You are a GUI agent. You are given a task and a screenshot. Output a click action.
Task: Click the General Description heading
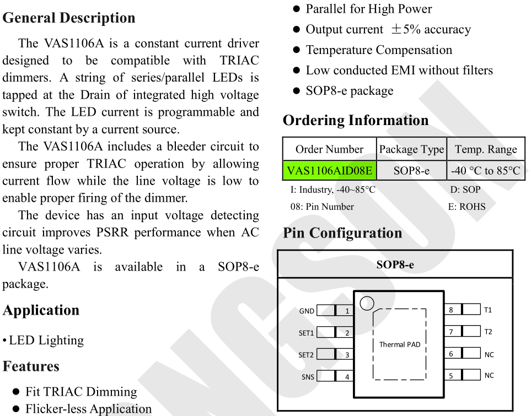point(69,18)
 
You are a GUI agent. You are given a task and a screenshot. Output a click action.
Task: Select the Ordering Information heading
point(355,120)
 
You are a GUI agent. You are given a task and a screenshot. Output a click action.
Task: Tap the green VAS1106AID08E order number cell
point(329,170)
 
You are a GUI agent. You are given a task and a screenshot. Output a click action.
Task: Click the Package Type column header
point(411,149)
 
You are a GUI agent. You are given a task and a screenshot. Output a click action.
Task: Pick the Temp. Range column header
point(486,149)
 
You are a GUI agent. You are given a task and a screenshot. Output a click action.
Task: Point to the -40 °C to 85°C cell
point(486,170)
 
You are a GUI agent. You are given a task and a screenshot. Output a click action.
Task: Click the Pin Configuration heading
point(342,233)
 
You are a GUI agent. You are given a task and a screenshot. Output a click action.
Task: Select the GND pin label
point(307,311)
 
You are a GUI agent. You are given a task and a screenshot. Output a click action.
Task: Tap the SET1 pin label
point(306,333)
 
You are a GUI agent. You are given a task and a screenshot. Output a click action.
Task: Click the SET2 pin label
point(306,355)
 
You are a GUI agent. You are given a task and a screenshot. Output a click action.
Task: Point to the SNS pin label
point(307,377)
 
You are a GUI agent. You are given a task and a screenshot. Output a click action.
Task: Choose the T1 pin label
point(488,310)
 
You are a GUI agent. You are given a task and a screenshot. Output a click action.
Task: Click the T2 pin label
point(488,332)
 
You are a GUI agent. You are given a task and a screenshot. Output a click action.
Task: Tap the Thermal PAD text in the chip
point(400,344)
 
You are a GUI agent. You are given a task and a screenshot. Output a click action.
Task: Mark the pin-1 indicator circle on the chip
point(367,303)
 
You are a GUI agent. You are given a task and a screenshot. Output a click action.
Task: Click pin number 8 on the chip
point(450,310)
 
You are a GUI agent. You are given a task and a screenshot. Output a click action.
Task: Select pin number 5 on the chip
point(450,376)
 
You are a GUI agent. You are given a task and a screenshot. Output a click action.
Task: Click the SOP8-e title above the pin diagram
point(395,264)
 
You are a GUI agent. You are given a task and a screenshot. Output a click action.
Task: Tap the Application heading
point(41,310)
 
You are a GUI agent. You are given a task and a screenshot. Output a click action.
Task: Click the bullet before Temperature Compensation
point(296,50)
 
